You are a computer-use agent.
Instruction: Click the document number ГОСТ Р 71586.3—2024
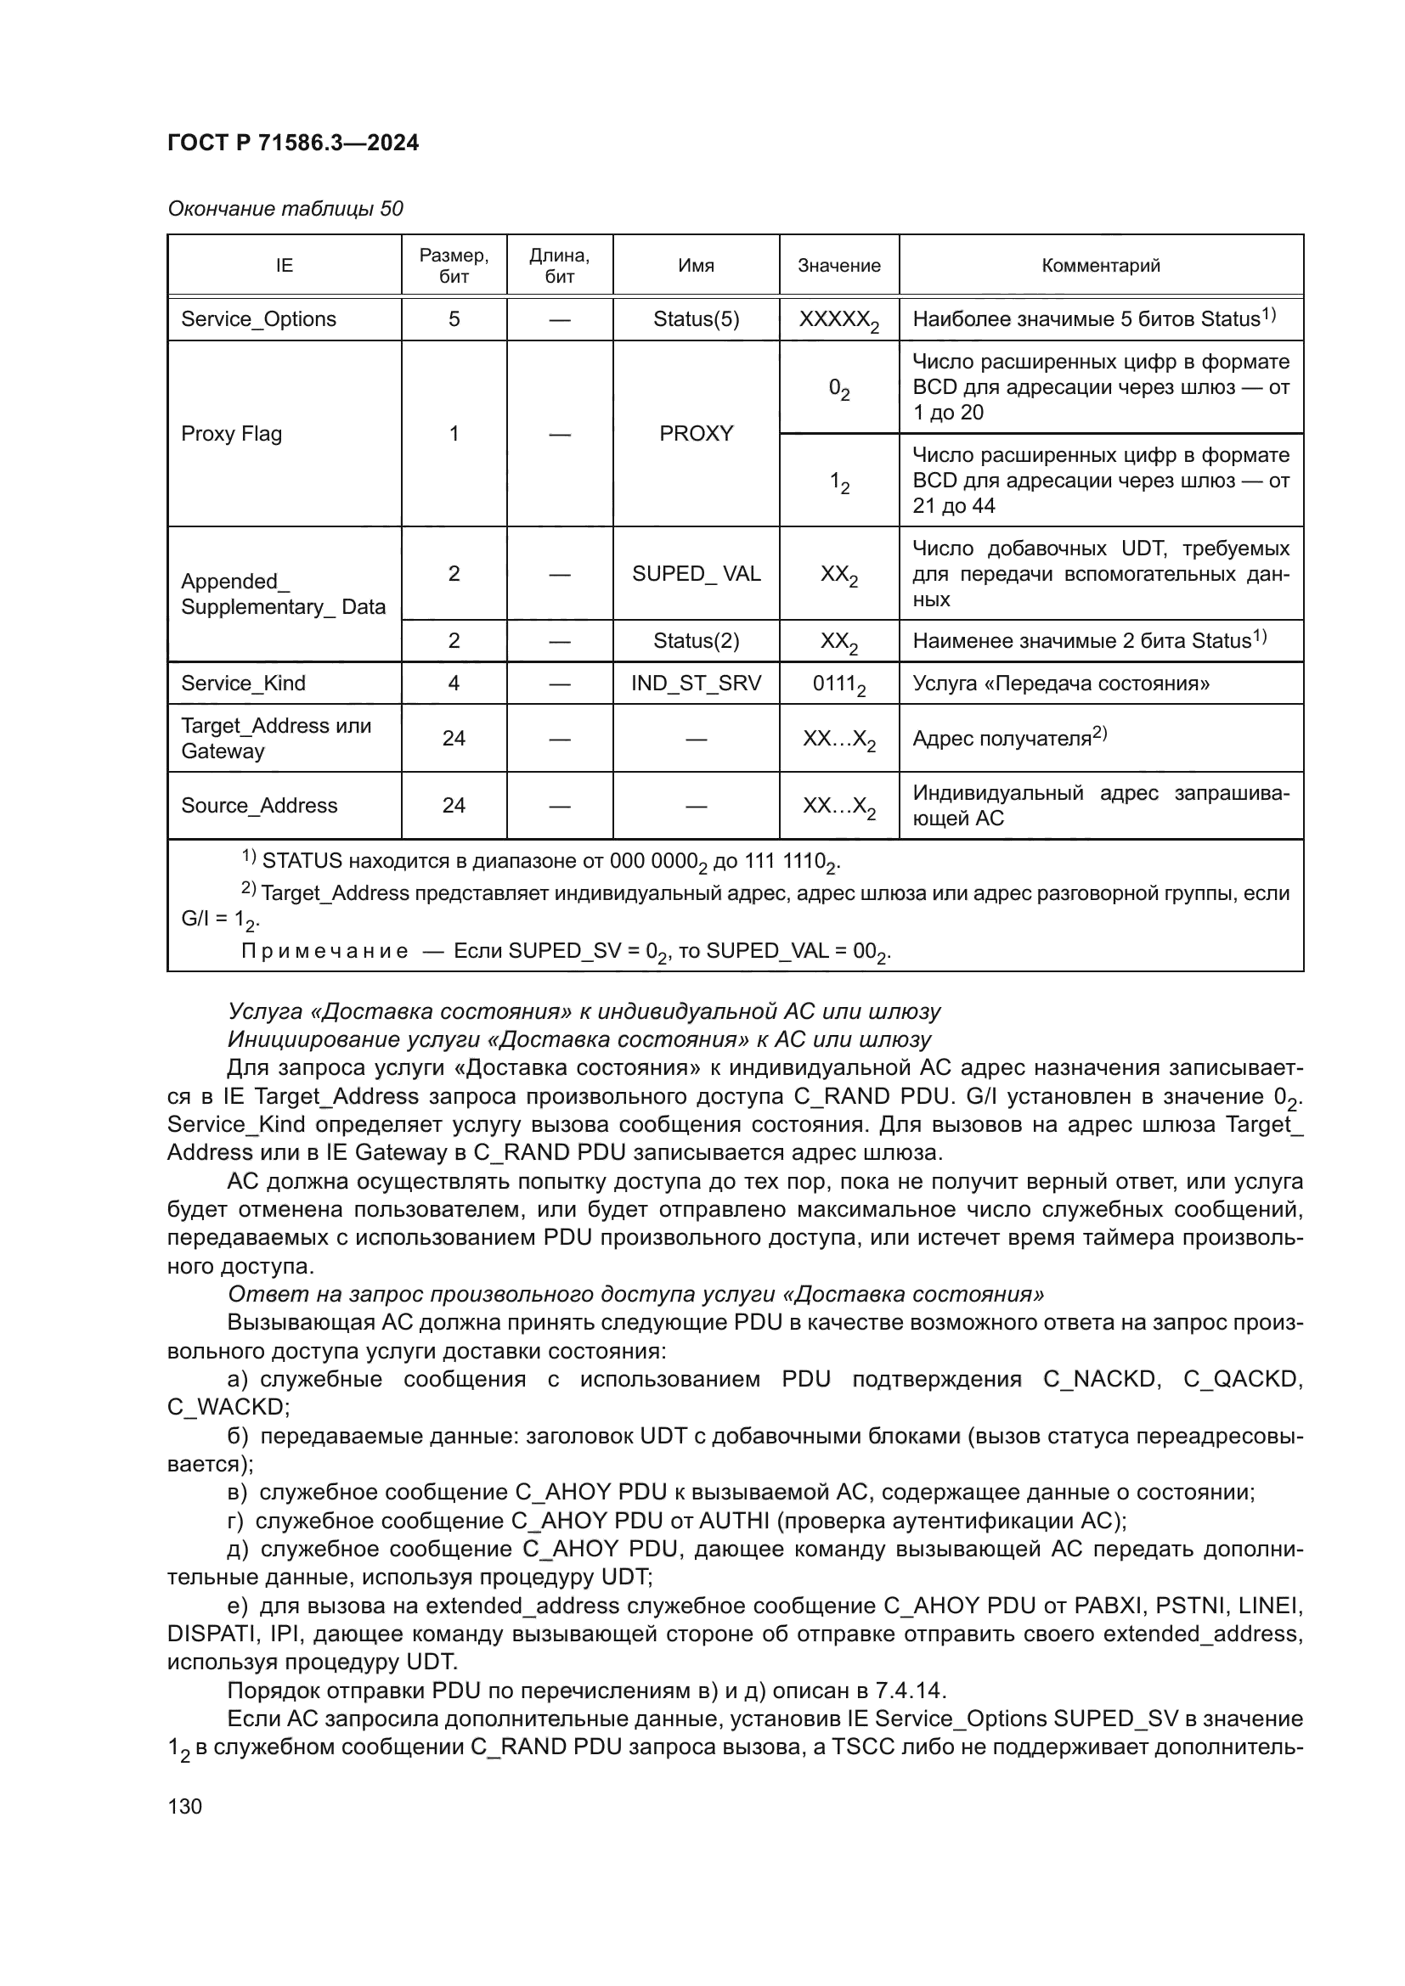point(292,143)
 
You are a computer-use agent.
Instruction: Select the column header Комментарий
point(1100,266)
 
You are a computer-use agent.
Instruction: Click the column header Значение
point(838,266)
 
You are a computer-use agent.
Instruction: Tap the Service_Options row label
point(258,319)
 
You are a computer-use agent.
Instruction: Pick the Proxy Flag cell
point(231,433)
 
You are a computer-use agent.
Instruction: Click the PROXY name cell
point(696,433)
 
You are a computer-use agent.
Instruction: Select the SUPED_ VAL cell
point(696,573)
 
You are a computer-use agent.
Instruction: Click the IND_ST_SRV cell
point(696,684)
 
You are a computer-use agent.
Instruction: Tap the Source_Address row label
point(259,805)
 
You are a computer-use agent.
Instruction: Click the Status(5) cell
point(696,319)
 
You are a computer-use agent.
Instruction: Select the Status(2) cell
point(696,641)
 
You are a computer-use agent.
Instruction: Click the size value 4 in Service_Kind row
point(454,684)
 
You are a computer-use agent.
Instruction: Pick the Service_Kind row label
point(242,684)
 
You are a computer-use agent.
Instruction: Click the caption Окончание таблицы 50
point(285,209)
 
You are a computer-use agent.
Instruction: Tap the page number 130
point(184,1806)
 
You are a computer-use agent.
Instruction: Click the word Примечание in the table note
point(324,952)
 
